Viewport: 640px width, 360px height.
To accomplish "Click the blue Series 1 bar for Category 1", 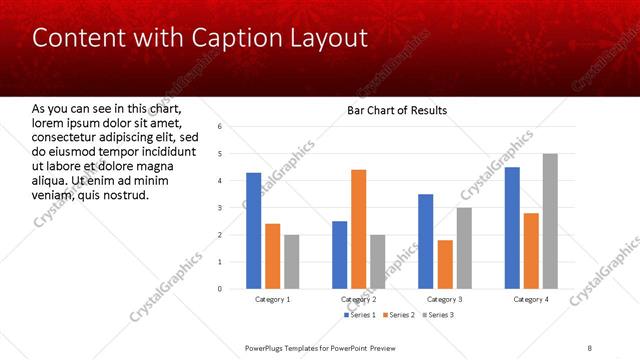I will coord(253,231).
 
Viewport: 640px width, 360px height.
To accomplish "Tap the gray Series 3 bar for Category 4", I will coord(550,221).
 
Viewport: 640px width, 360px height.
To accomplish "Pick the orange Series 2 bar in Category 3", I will coord(445,264).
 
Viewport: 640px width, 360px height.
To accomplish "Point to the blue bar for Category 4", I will coord(512,228).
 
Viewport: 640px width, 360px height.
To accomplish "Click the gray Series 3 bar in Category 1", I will coord(291,262).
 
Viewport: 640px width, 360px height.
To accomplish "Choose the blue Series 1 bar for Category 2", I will coord(339,255).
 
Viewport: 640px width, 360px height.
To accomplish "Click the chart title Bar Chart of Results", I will coord(397,110).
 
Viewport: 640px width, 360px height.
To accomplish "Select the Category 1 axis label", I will coord(272,299).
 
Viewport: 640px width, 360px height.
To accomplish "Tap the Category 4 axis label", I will coord(531,299).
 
